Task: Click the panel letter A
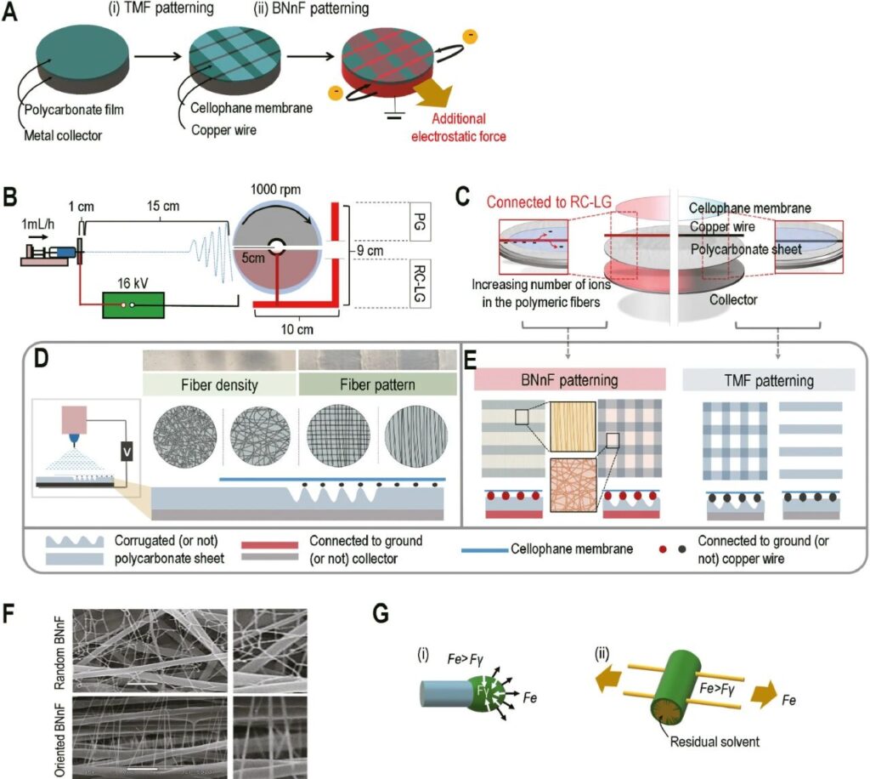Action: click(x=11, y=14)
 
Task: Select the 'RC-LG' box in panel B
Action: click(x=415, y=287)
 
